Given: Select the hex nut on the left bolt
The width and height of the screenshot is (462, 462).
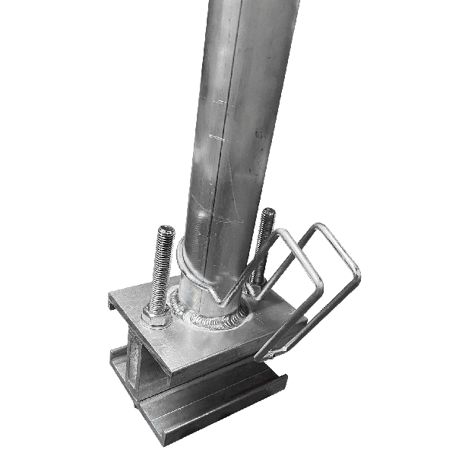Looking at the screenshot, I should point(157,315).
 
